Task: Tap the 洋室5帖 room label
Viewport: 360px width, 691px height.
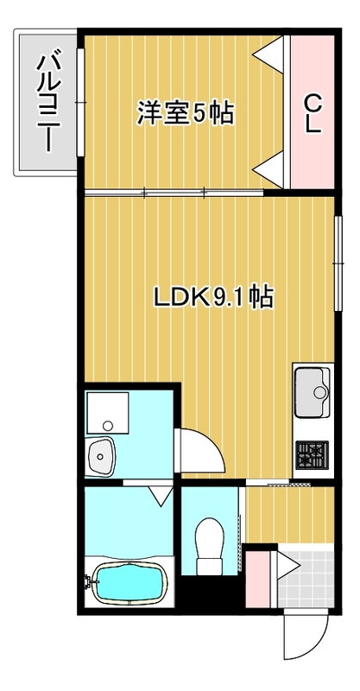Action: (186, 113)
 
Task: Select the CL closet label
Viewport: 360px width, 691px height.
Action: (312, 111)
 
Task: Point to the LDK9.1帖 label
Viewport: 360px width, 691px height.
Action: (214, 298)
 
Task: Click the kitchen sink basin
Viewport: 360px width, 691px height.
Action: (313, 392)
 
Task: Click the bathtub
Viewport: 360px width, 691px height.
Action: (129, 584)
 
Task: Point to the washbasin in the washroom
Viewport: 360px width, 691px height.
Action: (102, 455)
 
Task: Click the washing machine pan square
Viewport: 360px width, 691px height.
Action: (106, 414)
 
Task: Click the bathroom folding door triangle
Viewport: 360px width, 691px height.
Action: (159, 496)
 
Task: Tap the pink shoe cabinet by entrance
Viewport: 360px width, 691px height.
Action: (256, 580)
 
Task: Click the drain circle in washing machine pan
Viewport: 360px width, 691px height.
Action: (106, 425)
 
